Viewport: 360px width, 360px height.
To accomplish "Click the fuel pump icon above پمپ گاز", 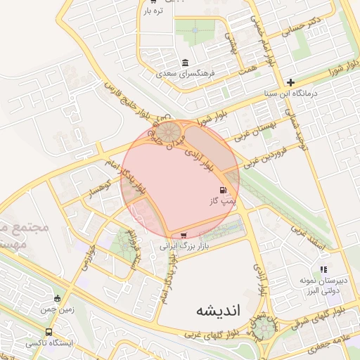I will click(x=224, y=190).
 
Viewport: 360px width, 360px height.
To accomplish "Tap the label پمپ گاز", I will click(x=220, y=201).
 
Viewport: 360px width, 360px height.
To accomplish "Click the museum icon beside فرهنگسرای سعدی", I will click(x=185, y=62).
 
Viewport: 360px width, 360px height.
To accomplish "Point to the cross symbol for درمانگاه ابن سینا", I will click(x=290, y=82).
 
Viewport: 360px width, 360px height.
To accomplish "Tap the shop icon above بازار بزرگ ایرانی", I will click(x=184, y=236).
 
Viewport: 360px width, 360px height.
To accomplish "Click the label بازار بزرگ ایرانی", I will click(x=186, y=246).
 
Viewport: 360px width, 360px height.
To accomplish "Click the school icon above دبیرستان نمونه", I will click(x=323, y=269).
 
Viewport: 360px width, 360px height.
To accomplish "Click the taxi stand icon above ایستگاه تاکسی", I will click(x=49, y=332).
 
